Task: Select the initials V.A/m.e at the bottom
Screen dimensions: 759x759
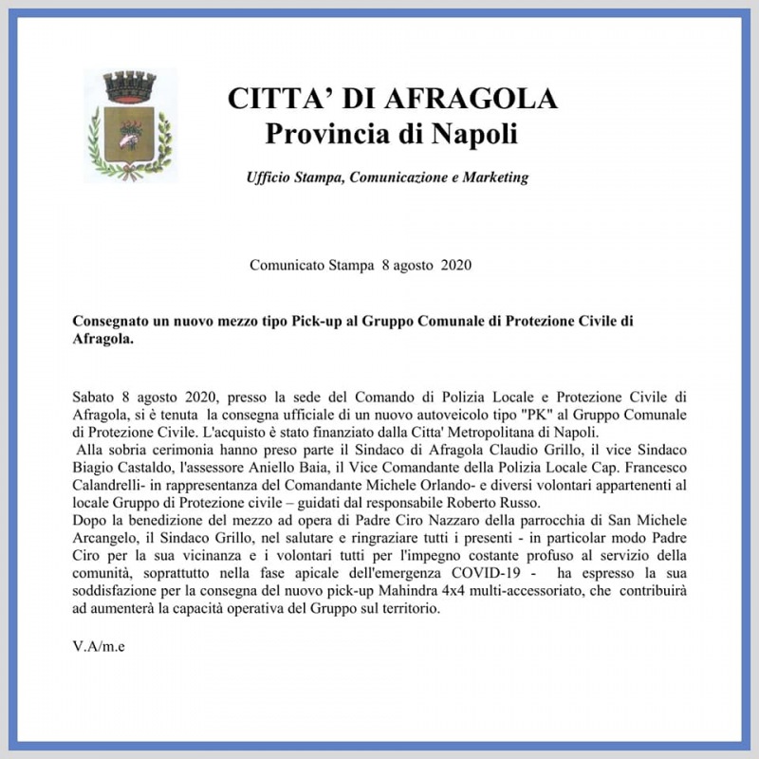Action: click(99, 647)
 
